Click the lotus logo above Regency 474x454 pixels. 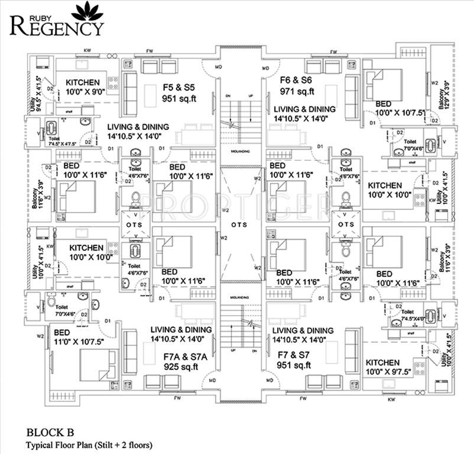91,10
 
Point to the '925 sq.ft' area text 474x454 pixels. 181,367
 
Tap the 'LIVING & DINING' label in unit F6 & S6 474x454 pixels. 304,113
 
